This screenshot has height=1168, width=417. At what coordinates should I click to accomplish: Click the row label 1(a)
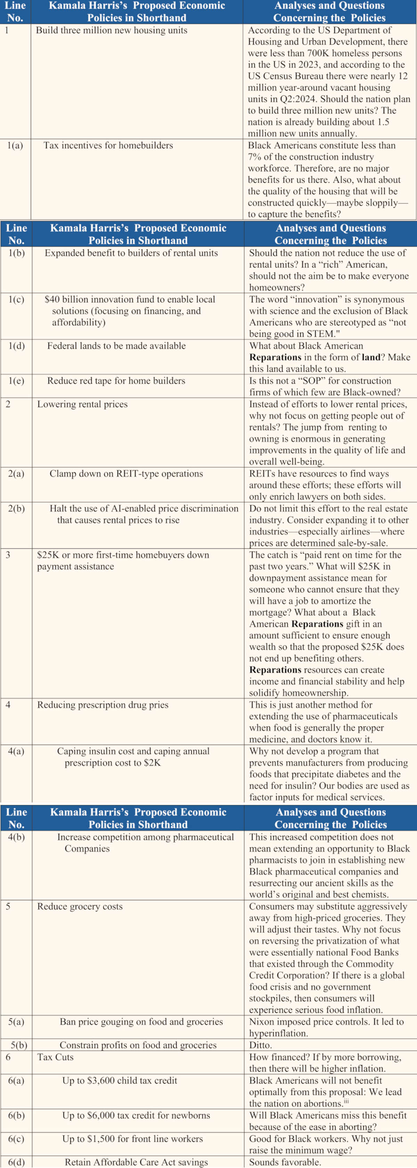click(x=15, y=145)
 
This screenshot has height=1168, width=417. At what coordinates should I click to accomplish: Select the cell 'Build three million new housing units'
click(x=112, y=30)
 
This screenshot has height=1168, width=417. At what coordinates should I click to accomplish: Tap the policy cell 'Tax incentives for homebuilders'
click(x=108, y=145)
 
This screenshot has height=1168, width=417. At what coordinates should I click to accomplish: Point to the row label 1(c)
click(x=16, y=300)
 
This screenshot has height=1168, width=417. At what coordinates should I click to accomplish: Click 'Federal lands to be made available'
click(x=116, y=346)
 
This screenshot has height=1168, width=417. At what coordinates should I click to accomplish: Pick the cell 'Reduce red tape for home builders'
click(x=116, y=381)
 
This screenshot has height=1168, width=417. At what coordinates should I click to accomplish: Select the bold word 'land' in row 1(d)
click(x=371, y=357)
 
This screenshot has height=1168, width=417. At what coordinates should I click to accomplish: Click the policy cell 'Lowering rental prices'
click(x=82, y=404)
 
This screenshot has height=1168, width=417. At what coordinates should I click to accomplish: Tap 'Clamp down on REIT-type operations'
click(x=126, y=474)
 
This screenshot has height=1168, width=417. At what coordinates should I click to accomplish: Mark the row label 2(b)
click(x=16, y=509)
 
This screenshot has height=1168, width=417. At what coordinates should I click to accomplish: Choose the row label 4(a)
click(x=16, y=751)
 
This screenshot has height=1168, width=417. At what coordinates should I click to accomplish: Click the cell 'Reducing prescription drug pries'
click(x=103, y=705)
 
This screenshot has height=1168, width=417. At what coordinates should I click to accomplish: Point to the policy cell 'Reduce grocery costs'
click(x=80, y=906)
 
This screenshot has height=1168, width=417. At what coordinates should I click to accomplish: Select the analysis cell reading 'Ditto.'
click(x=261, y=1045)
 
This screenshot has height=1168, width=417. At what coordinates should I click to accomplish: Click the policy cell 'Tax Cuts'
click(x=55, y=1057)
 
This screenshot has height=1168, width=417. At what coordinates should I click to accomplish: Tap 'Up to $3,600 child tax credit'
click(x=120, y=1081)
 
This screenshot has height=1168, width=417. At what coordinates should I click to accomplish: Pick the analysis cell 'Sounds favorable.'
click(x=285, y=1162)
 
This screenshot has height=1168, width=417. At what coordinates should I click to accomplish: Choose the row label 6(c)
click(x=16, y=1138)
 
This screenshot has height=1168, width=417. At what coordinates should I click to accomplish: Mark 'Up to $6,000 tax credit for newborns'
click(x=136, y=1116)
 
